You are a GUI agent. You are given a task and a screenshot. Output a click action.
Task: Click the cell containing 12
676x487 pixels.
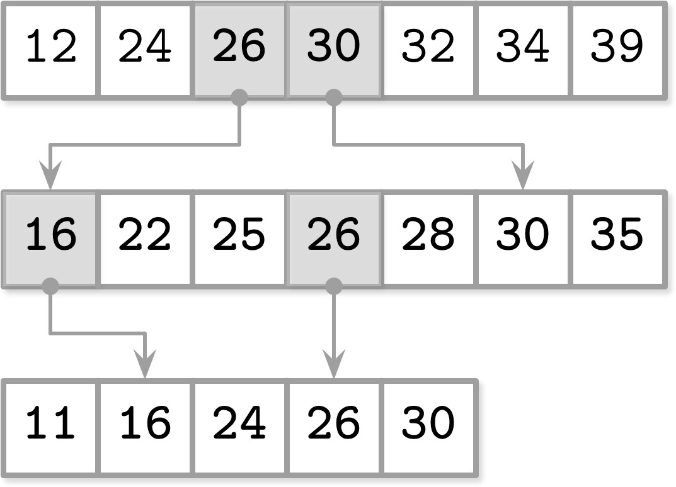click(x=50, y=50)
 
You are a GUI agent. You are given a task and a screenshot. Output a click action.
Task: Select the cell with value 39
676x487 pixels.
click(x=617, y=50)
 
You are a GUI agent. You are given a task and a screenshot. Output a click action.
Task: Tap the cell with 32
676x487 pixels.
click(x=428, y=50)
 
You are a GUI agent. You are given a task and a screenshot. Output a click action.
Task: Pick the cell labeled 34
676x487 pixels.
click(x=522, y=50)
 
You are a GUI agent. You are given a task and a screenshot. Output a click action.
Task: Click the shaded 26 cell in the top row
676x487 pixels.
click(x=239, y=50)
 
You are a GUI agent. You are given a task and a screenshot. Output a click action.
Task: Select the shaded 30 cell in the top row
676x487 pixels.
click(x=334, y=50)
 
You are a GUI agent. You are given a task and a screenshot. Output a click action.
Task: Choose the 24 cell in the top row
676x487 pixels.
click(x=145, y=50)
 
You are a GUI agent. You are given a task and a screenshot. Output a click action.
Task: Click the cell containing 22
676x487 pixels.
click(x=145, y=239)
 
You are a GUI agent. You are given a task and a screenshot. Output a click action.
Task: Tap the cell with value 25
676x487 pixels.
click(x=239, y=239)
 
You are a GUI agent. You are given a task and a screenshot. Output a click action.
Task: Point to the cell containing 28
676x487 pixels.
click(x=428, y=239)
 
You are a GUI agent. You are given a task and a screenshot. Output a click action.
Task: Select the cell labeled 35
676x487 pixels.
click(x=617, y=239)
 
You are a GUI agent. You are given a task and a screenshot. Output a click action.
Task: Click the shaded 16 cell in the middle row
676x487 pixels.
click(x=50, y=239)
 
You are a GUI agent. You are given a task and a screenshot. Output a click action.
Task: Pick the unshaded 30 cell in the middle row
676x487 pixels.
click(x=522, y=239)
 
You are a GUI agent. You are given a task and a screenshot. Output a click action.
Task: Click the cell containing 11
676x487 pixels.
click(x=50, y=428)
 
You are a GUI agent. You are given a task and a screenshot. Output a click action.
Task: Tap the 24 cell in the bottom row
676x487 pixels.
click(x=239, y=428)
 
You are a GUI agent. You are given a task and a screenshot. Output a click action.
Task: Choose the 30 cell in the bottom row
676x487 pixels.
click(x=428, y=428)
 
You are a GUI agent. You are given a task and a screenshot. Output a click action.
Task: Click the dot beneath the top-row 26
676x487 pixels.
click(x=239, y=98)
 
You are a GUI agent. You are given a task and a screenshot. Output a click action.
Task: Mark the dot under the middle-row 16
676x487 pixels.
click(x=50, y=286)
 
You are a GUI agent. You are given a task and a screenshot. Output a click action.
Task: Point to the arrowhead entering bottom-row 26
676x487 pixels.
click(x=334, y=364)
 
